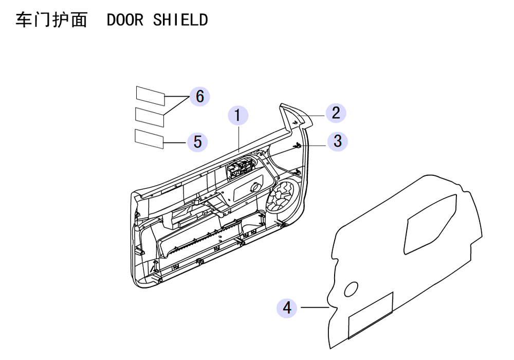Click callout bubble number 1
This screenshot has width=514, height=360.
point(238,115)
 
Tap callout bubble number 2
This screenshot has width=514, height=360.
point(336,113)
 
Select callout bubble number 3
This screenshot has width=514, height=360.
point(337,141)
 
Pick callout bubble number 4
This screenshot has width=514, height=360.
point(287,308)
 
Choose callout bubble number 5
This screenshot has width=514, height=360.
point(197,141)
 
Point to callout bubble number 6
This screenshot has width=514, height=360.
point(199,96)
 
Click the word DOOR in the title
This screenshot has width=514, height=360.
point(125,20)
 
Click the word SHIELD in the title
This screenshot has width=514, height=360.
point(180,20)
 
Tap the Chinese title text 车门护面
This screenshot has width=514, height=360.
point(51,20)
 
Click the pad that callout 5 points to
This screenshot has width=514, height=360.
point(149,139)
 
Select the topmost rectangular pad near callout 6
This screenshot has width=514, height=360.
point(151,96)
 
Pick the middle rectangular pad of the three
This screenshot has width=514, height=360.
point(150,117)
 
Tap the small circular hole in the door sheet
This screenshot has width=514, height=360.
point(351,289)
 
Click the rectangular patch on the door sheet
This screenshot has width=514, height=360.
point(371,315)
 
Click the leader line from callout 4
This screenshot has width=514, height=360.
point(315,308)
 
